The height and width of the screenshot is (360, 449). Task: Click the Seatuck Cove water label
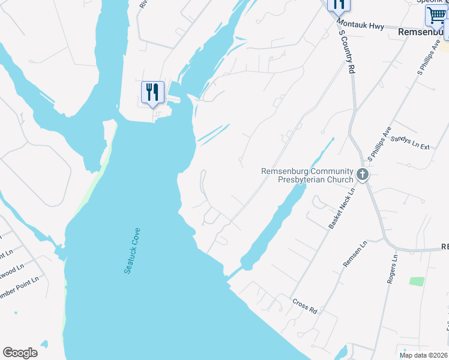[x=133, y=251]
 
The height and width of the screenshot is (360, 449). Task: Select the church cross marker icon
[x=362, y=175]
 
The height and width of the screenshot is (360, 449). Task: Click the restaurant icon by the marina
[x=152, y=92]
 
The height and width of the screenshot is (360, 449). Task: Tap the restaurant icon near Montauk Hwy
[x=338, y=5]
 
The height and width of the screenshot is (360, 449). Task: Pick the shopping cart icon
[x=435, y=16]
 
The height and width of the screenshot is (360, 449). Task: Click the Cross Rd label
[x=304, y=306]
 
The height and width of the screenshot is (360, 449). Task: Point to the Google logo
[x=20, y=353]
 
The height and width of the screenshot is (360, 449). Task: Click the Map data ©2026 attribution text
[x=423, y=355]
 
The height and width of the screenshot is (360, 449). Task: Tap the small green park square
[x=417, y=281]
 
